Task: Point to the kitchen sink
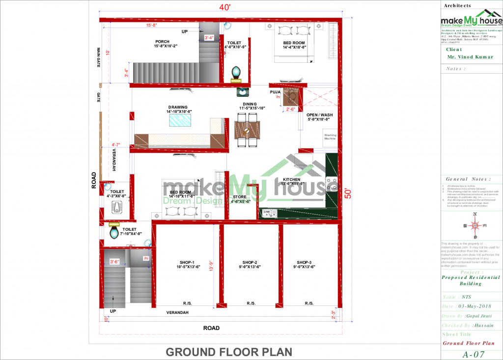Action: [x=270, y=213]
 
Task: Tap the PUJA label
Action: [x=275, y=92]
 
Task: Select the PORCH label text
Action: [x=162, y=42]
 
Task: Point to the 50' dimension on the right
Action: [x=348, y=194]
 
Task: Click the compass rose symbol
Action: [x=475, y=226]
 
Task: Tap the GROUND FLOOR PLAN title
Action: [x=229, y=352]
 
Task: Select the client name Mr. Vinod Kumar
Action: [x=470, y=57]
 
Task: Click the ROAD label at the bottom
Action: [x=211, y=328]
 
